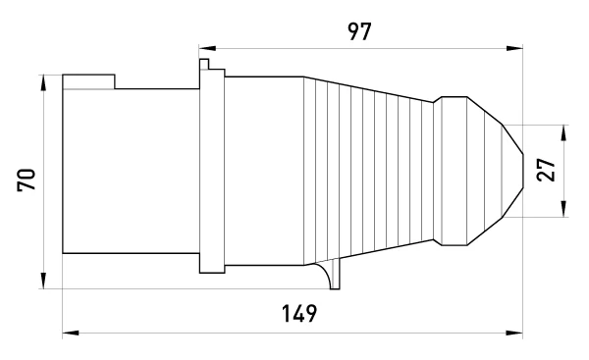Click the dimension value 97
(x=359, y=31)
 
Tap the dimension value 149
(x=299, y=314)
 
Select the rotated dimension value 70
(x=27, y=180)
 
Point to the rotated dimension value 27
(x=546, y=170)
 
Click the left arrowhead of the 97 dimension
(x=207, y=48)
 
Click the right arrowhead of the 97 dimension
(x=514, y=48)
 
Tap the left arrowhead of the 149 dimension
(x=71, y=333)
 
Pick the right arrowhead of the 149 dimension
(x=514, y=333)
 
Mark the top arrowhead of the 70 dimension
(x=43, y=83)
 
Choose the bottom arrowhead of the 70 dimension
(x=43, y=281)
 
